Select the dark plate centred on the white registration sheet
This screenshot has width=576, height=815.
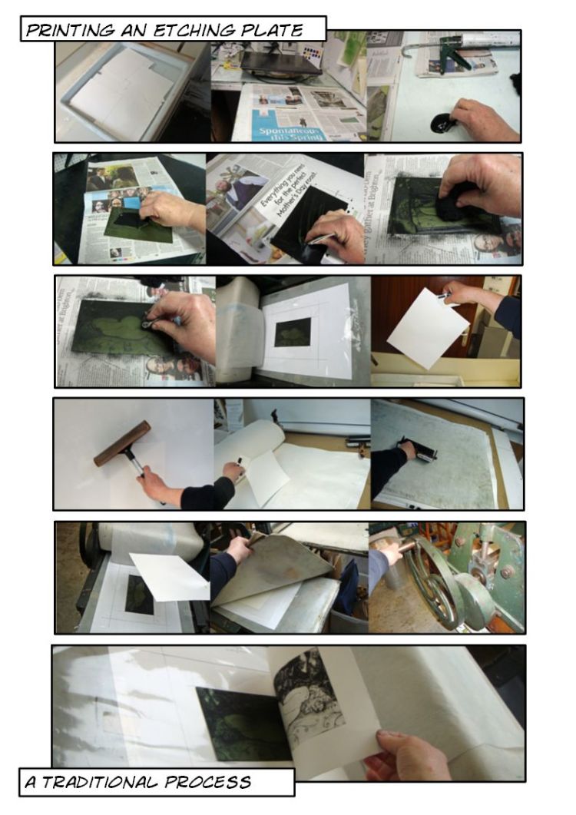(293, 331)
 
